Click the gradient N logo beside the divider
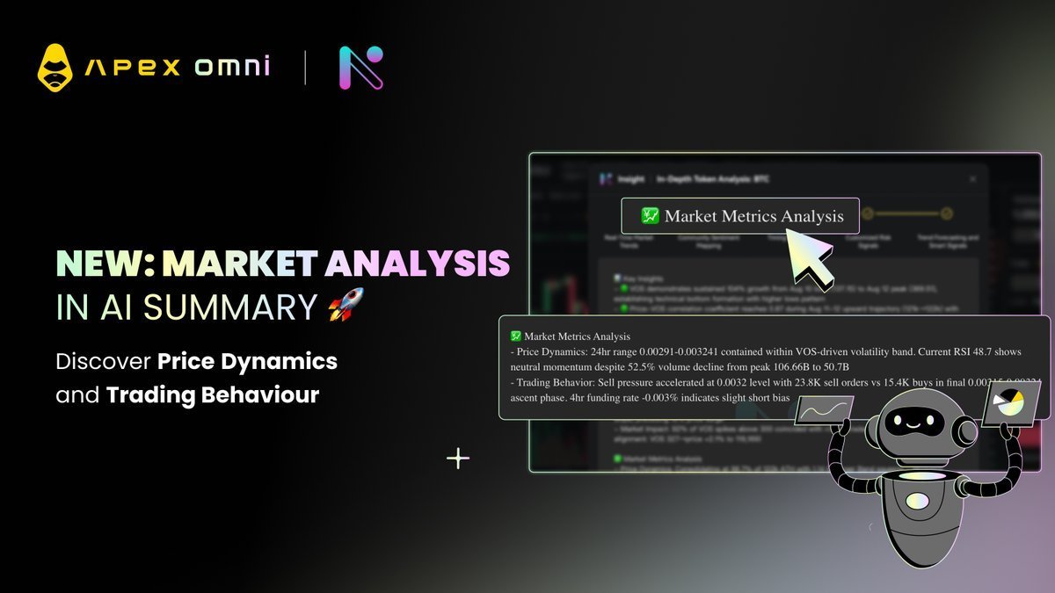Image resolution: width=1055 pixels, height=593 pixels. click(x=360, y=68)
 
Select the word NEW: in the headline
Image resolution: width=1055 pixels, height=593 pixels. click(x=105, y=264)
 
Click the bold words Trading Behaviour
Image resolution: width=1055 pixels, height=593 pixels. click(x=213, y=395)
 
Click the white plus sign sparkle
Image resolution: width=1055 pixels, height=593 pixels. click(x=458, y=458)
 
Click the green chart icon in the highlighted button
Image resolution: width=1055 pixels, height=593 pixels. click(x=651, y=215)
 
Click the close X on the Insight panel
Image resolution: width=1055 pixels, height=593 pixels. click(x=972, y=178)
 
